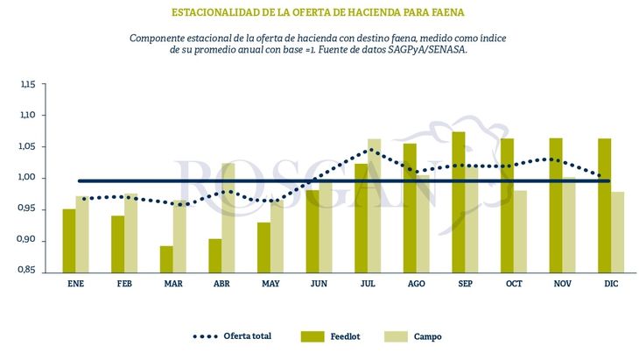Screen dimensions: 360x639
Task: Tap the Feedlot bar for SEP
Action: coord(459,201)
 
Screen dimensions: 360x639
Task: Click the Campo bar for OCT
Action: coord(521,230)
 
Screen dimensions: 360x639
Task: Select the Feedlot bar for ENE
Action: coord(68,240)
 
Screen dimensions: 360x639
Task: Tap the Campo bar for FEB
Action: coord(131,232)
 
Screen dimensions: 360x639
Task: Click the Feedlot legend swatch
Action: coord(312,336)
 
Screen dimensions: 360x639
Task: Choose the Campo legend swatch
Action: coord(397,336)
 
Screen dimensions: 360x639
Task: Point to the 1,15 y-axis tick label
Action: coord(28,85)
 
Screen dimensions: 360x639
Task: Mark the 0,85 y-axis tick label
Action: coord(28,271)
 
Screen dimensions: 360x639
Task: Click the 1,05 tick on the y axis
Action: coord(28,147)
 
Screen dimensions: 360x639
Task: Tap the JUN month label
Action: coord(319,285)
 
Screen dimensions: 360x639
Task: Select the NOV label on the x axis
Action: coord(563,285)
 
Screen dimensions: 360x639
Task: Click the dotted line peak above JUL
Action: coord(372,150)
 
